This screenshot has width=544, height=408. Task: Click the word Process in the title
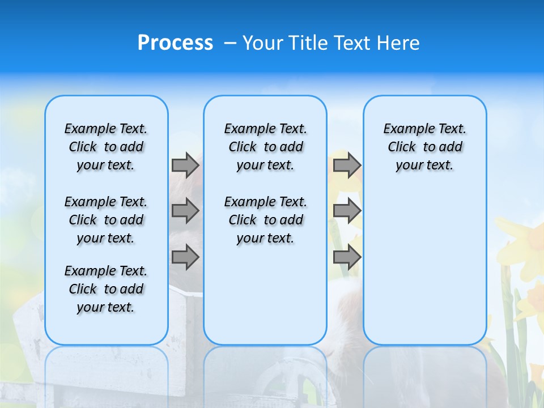175,43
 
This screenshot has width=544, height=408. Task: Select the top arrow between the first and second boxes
185,165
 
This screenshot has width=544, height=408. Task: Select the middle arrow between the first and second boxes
185,211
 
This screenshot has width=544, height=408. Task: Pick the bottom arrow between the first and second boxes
185,257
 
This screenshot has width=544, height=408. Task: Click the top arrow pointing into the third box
347,165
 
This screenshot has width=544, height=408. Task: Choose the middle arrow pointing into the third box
347,211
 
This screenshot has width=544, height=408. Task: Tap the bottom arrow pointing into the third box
347,257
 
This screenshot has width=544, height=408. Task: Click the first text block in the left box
106,147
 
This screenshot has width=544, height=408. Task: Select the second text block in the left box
106,220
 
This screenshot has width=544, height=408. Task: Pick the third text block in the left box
106,289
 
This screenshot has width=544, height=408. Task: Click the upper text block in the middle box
266,147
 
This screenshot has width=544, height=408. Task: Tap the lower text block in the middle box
266,220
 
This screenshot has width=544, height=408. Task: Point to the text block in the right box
425,147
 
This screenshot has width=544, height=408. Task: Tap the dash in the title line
229,43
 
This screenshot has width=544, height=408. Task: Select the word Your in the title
260,43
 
